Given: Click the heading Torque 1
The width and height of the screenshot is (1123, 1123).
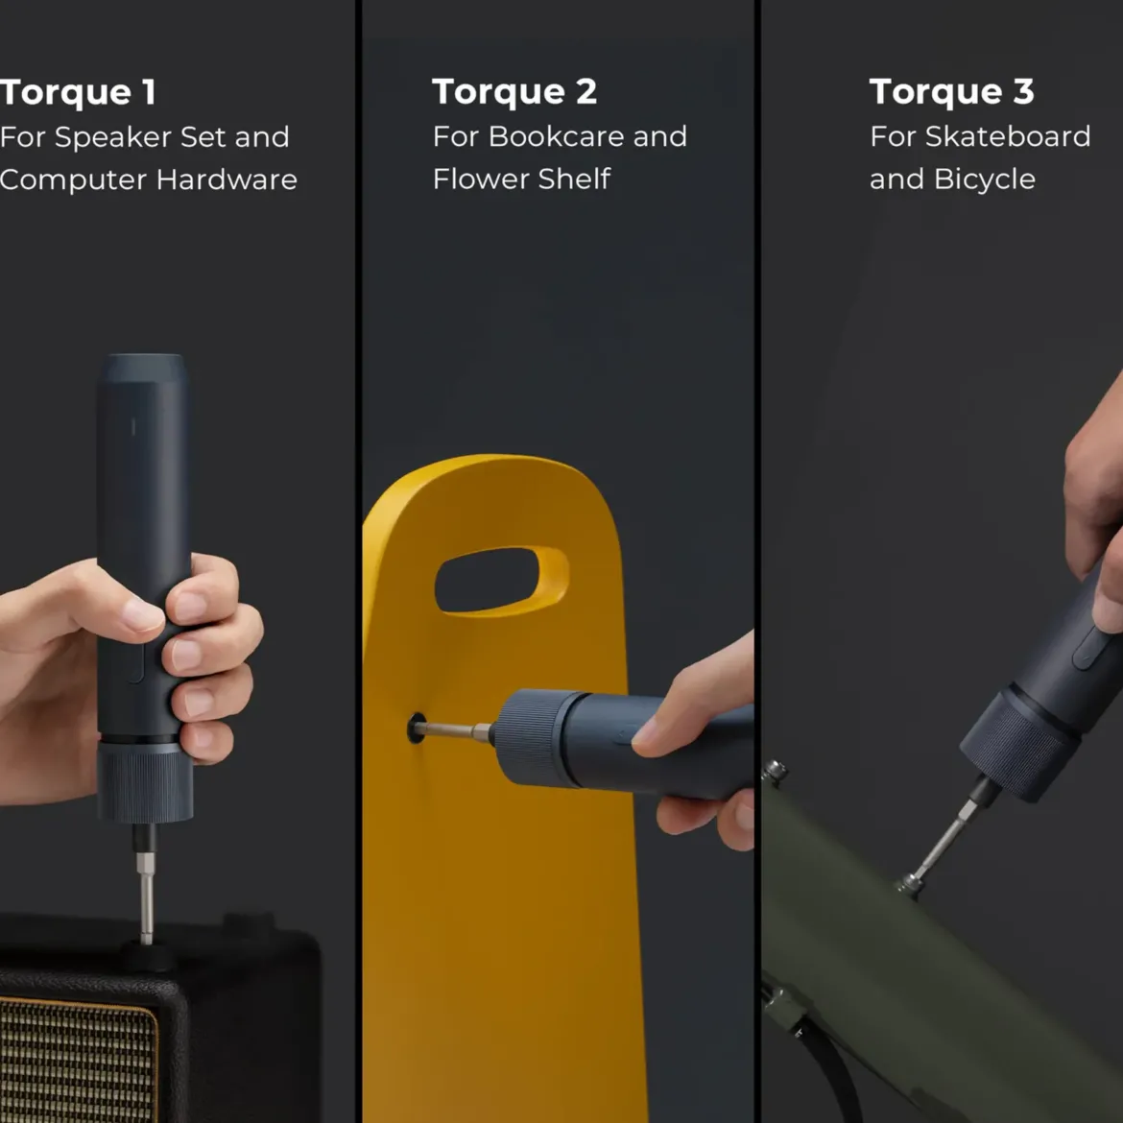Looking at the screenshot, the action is click(78, 93).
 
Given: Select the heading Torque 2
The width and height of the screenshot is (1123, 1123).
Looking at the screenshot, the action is click(514, 92).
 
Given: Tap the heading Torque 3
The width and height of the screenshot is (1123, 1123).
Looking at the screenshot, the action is click(952, 92).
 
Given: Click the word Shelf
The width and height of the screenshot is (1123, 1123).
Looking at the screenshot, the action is click(574, 179).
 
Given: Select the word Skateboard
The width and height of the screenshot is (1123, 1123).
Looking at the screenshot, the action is click(1008, 136).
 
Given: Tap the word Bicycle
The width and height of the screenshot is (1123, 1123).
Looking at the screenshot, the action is click(985, 179).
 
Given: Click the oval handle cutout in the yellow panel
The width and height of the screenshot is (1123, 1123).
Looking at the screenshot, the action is click(501, 580).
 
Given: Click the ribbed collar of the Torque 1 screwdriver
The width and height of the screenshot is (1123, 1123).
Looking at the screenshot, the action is click(145, 783).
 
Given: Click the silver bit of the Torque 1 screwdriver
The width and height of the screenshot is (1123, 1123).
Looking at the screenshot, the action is click(146, 896).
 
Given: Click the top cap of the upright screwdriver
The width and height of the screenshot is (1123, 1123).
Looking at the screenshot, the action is click(143, 369).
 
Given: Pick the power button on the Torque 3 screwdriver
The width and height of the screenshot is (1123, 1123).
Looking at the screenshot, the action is click(1088, 648).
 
